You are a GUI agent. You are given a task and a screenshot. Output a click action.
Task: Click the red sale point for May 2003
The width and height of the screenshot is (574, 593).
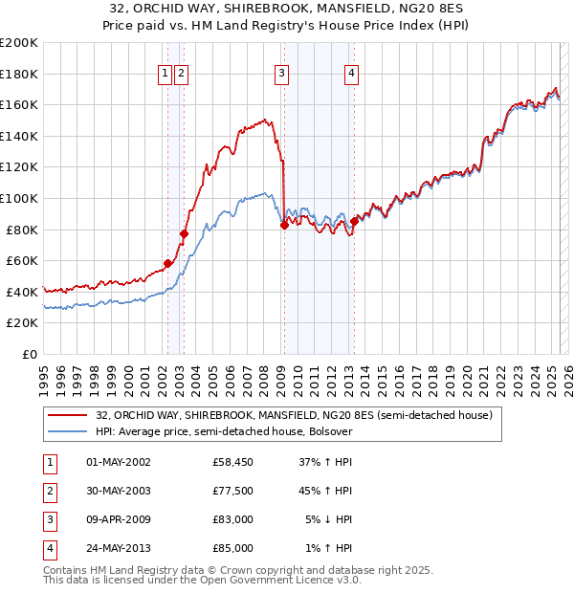pyautogui.click(x=184, y=232)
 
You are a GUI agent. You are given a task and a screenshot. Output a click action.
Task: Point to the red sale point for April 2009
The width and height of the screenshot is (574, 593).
pyautogui.click(x=284, y=224)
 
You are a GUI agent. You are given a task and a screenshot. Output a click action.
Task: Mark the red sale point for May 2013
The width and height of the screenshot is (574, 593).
pyautogui.click(x=354, y=221)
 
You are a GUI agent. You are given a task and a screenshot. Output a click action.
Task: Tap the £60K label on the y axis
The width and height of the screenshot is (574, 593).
pyautogui.click(x=22, y=260)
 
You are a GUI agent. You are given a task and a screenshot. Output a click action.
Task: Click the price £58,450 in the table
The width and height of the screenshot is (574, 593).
pyautogui.click(x=233, y=462)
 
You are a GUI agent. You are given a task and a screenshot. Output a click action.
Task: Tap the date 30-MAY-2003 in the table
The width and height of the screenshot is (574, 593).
pyautogui.click(x=119, y=491)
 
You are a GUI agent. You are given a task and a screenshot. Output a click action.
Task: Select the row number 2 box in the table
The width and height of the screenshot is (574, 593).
pyautogui.click(x=48, y=491)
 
